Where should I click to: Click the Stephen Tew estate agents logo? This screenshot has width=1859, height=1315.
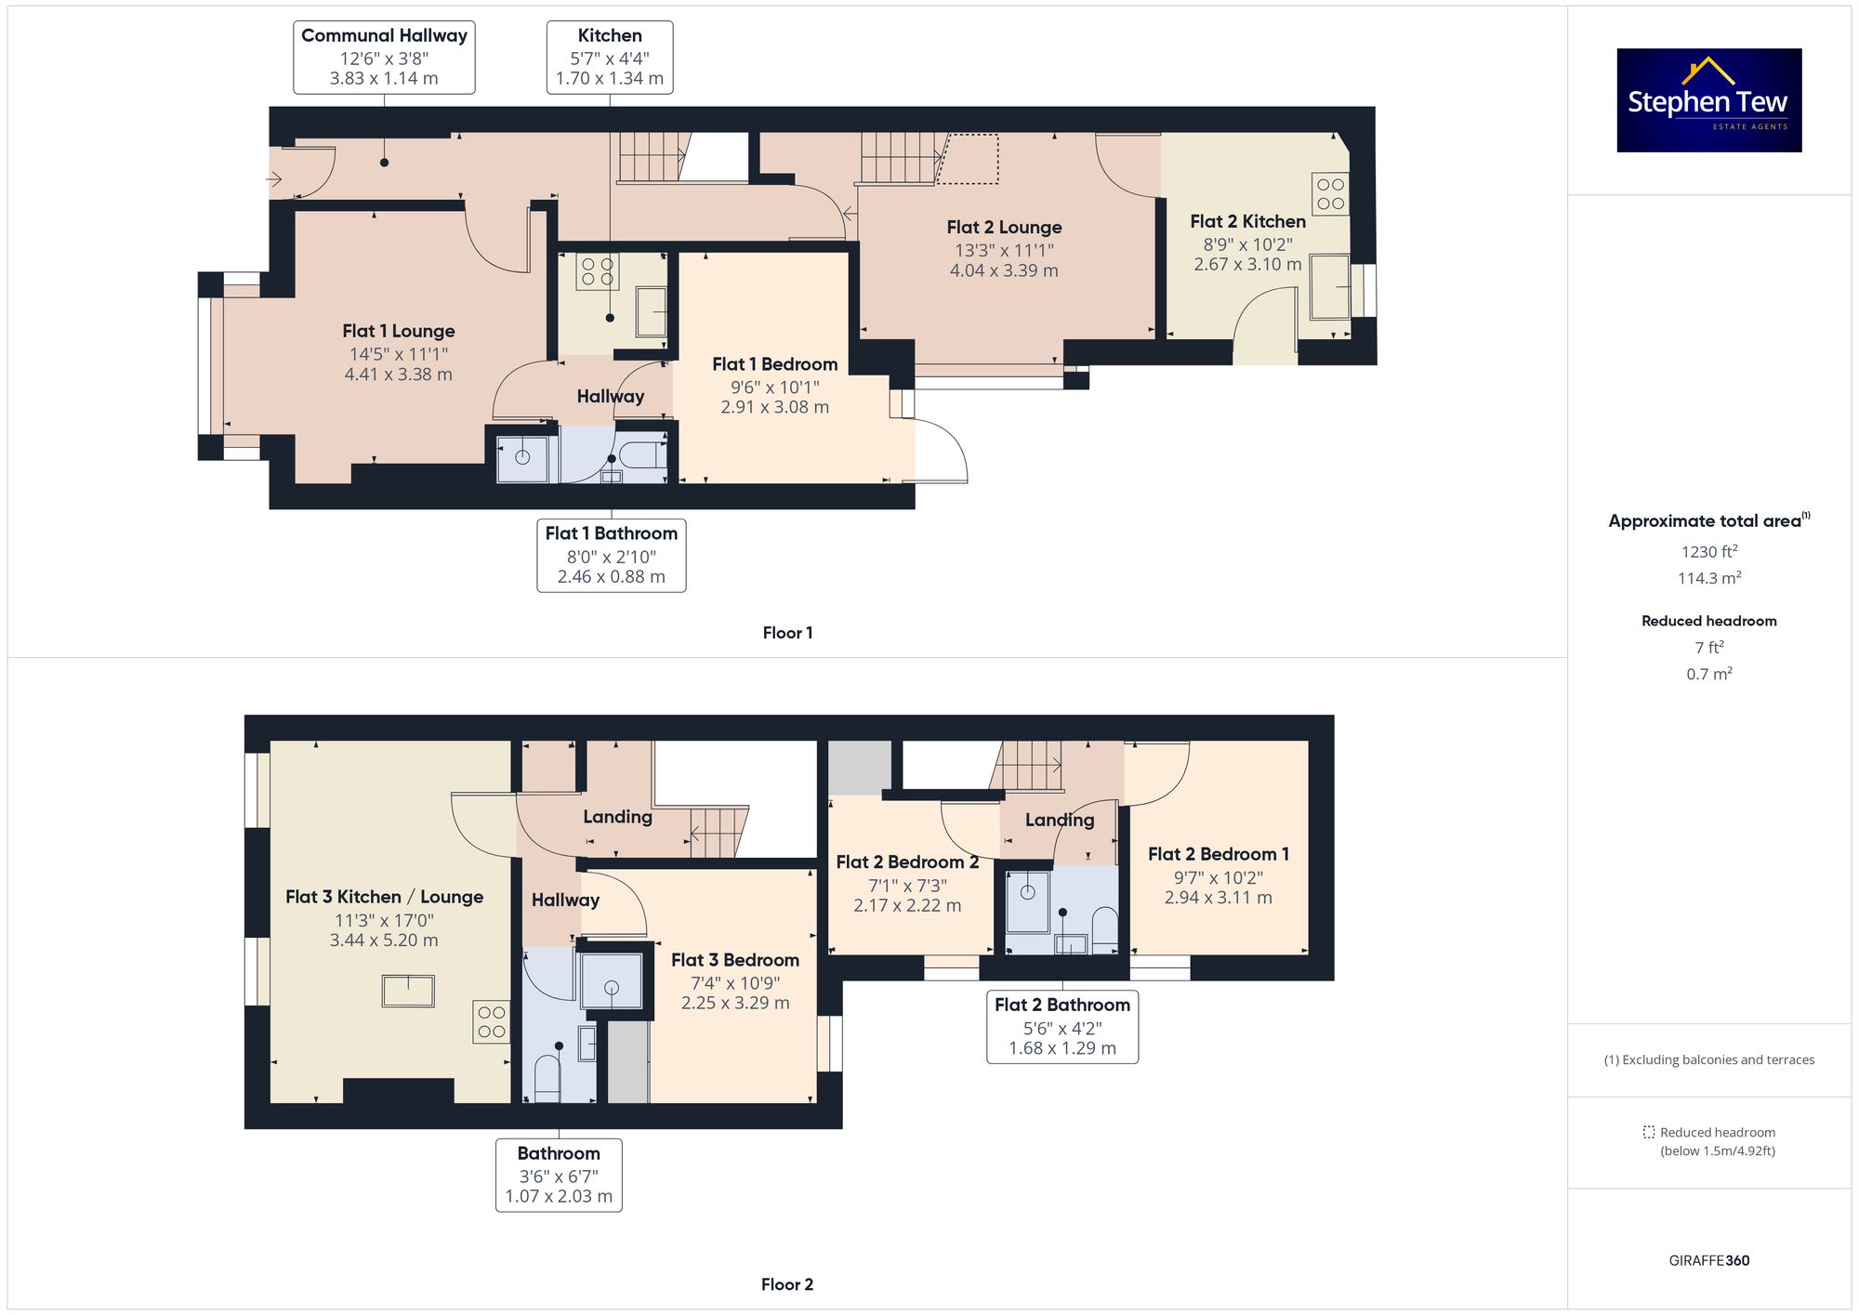tap(1709, 100)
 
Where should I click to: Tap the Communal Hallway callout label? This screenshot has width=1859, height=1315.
tap(384, 58)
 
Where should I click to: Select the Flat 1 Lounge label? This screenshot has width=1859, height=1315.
tap(399, 331)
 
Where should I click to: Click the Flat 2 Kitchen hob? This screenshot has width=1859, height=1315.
tap(1330, 194)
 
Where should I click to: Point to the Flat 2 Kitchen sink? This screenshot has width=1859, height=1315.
tap(1330, 286)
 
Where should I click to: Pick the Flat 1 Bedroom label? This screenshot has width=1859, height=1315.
tap(775, 364)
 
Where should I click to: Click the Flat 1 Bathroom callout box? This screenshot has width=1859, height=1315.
tap(612, 555)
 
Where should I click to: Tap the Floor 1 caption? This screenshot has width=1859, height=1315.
tap(787, 633)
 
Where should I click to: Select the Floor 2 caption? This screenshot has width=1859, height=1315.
tap(787, 1284)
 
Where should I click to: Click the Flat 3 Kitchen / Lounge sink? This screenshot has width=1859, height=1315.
tap(408, 991)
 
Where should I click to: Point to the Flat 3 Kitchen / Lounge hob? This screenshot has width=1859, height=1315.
tap(492, 1022)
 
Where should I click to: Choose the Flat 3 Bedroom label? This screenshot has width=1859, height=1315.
tap(735, 960)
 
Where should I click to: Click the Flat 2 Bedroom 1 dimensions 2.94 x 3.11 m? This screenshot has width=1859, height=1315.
tap(1219, 898)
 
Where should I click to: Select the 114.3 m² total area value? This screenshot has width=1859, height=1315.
tap(1709, 577)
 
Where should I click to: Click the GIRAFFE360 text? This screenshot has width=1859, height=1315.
tap(1709, 1261)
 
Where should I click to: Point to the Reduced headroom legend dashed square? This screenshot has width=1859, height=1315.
tap(1649, 1132)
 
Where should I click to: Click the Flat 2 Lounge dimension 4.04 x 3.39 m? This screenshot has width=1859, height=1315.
tap(1004, 270)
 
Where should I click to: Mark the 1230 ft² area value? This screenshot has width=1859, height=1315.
tap(1709, 551)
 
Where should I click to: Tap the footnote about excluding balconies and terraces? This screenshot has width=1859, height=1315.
tap(1709, 1059)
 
